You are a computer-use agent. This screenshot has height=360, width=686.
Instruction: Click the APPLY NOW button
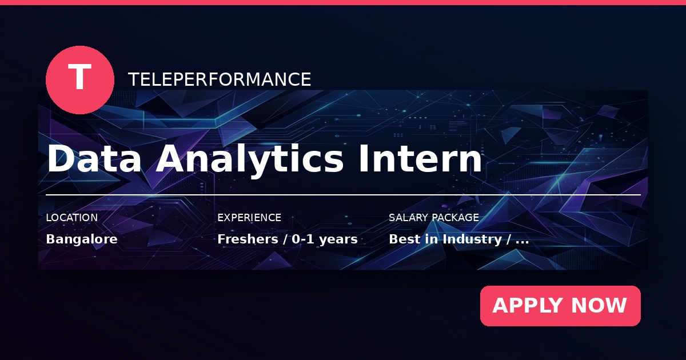(560, 306)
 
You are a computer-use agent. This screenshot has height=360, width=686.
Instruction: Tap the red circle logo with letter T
(80, 80)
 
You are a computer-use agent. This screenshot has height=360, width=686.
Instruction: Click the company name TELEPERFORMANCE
(220, 79)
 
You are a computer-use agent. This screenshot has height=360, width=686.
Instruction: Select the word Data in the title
(94, 159)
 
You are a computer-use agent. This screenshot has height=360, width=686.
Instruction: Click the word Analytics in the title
(250, 160)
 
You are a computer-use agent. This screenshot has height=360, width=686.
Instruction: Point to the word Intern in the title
(420, 159)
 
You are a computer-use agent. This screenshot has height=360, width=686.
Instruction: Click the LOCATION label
(72, 218)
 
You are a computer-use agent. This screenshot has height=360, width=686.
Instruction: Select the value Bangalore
(82, 239)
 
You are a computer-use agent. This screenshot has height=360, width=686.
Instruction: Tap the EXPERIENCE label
(249, 218)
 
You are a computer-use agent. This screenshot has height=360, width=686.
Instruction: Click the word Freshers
(248, 239)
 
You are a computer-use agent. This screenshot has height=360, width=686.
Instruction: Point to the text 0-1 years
(325, 239)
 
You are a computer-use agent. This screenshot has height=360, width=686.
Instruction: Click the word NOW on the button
(599, 306)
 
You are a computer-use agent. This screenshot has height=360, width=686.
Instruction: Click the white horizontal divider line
(344, 195)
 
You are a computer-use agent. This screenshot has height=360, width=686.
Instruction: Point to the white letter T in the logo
(79, 76)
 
